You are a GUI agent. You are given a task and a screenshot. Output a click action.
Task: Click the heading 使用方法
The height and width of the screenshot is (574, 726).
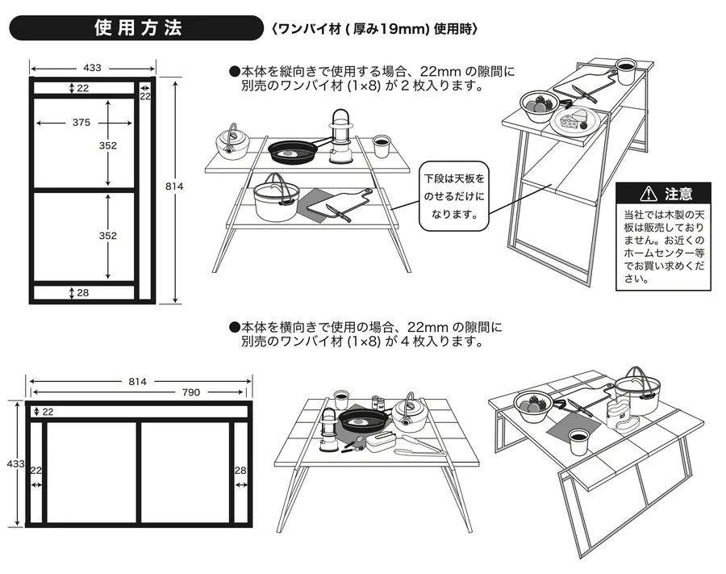[x=138, y=28]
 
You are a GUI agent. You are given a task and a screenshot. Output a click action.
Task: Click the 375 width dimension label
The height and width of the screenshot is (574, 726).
[x=81, y=123]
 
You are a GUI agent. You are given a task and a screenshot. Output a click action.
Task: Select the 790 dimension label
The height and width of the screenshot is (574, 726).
[x=190, y=392]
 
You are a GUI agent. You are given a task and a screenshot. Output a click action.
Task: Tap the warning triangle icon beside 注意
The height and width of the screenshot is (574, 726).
[x=648, y=194]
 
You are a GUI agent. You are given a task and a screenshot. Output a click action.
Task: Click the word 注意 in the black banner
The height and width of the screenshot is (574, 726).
[x=678, y=194]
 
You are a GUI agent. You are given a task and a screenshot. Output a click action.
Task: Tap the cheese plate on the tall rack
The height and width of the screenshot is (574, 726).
[x=578, y=120]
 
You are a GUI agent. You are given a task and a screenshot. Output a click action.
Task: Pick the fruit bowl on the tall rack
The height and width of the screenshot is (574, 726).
[x=538, y=103]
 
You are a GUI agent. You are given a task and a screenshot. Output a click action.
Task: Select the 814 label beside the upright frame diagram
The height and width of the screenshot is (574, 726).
[x=174, y=186]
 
